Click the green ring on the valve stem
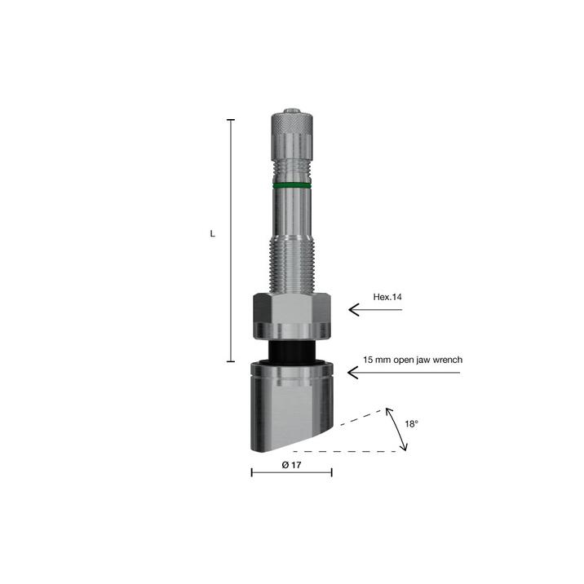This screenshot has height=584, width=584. pos(292,185)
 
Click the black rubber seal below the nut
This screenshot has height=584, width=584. pos(292,352)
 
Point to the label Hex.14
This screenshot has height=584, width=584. pos(387,297)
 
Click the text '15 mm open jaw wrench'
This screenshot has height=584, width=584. pos(413,360)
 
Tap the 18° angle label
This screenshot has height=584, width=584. pos(412,424)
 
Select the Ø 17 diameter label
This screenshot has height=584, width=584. pos(292,465)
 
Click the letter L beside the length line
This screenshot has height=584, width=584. pos(213,234)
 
